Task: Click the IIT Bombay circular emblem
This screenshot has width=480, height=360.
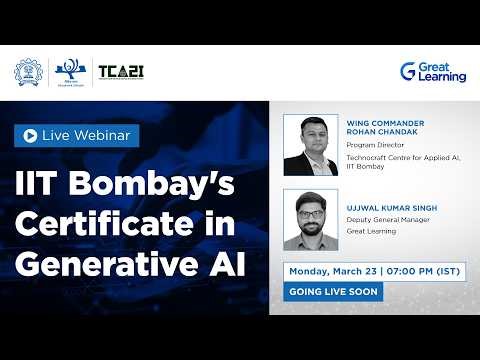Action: coord(28,72)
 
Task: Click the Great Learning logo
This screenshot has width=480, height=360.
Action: coord(433,72)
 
